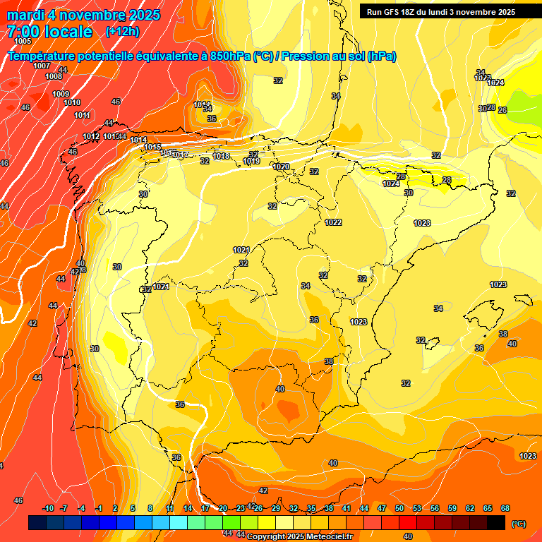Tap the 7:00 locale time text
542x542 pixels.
point(49,32)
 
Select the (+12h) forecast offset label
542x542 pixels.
point(122,31)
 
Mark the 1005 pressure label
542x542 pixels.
point(22,42)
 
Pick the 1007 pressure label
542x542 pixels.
point(42,66)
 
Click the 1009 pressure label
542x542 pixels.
point(61,94)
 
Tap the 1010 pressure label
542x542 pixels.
point(72,102)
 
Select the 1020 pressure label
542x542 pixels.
point(281,167)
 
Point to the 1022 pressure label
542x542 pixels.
point(333,222)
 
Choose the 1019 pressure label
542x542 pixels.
point(251,162)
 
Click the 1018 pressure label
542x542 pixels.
point(221,156)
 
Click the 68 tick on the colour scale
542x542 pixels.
point(505,508)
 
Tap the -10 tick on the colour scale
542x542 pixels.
point(48,508)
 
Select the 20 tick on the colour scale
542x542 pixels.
point(223,508)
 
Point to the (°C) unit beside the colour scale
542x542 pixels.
point(518,523)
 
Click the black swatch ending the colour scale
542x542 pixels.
point(496,522)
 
